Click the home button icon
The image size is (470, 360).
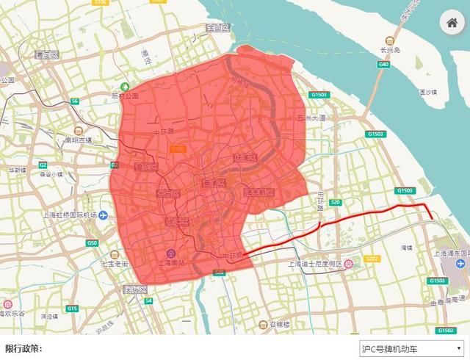coord(452,23)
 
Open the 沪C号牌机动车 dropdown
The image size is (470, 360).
coord(412,348)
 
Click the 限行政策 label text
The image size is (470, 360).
coord(23,348)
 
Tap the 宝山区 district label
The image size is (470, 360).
coord(218,28)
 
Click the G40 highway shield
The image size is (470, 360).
coord(383,65)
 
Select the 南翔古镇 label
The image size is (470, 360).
coord(78,140)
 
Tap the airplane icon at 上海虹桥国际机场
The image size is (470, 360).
coord(104,215)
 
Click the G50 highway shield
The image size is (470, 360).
coord(91,242)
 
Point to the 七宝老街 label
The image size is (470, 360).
coord(115,262)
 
